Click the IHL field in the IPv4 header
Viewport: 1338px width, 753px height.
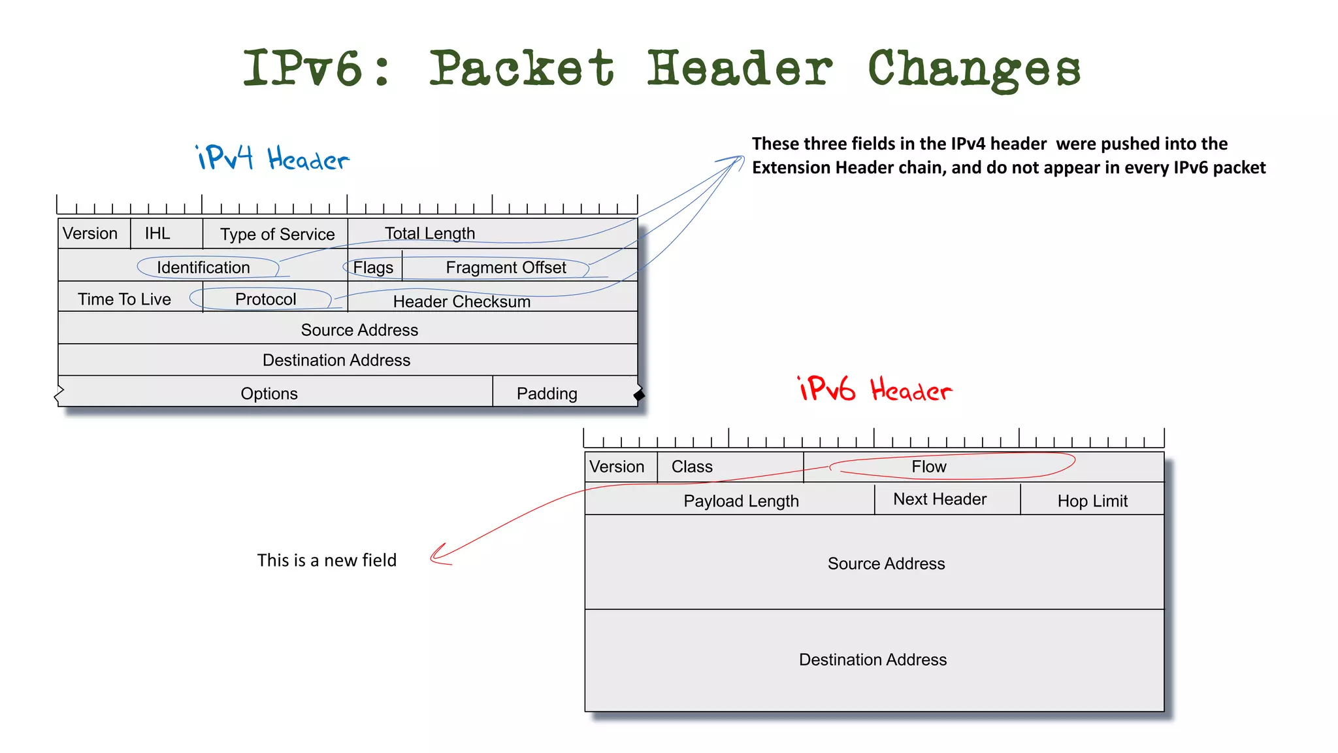tap(157, 233)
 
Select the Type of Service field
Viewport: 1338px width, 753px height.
tap(277, 234)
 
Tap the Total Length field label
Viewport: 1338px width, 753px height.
tap(430, 233)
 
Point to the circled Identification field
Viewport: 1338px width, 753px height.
tap(203, 267)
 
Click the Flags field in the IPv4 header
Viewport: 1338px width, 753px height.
tap(373, 267)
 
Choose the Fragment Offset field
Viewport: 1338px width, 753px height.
tap(506, 267)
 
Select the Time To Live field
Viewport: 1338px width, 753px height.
tap(124, 299)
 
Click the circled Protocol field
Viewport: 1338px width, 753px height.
tap(265, 299)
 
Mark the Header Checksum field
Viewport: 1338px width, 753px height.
tap(461, 301)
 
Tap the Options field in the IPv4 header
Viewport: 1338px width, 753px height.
tap(269, 393)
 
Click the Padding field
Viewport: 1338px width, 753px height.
tap(547, 393)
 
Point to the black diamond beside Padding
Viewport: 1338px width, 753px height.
tap(639, 395)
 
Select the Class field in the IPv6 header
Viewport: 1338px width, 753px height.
tap(692, 467)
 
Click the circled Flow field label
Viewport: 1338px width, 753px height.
tap(928, 467)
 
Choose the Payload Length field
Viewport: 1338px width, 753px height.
tap(741, 501)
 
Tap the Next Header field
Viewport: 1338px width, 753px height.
tap(939, 499)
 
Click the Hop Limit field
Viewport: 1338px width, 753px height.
tap(1092, 501)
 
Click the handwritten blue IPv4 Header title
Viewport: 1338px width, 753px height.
tap(272, 158)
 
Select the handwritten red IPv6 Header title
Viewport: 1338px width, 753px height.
tap(875, 390)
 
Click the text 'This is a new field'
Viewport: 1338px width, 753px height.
tap(327, 560)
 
